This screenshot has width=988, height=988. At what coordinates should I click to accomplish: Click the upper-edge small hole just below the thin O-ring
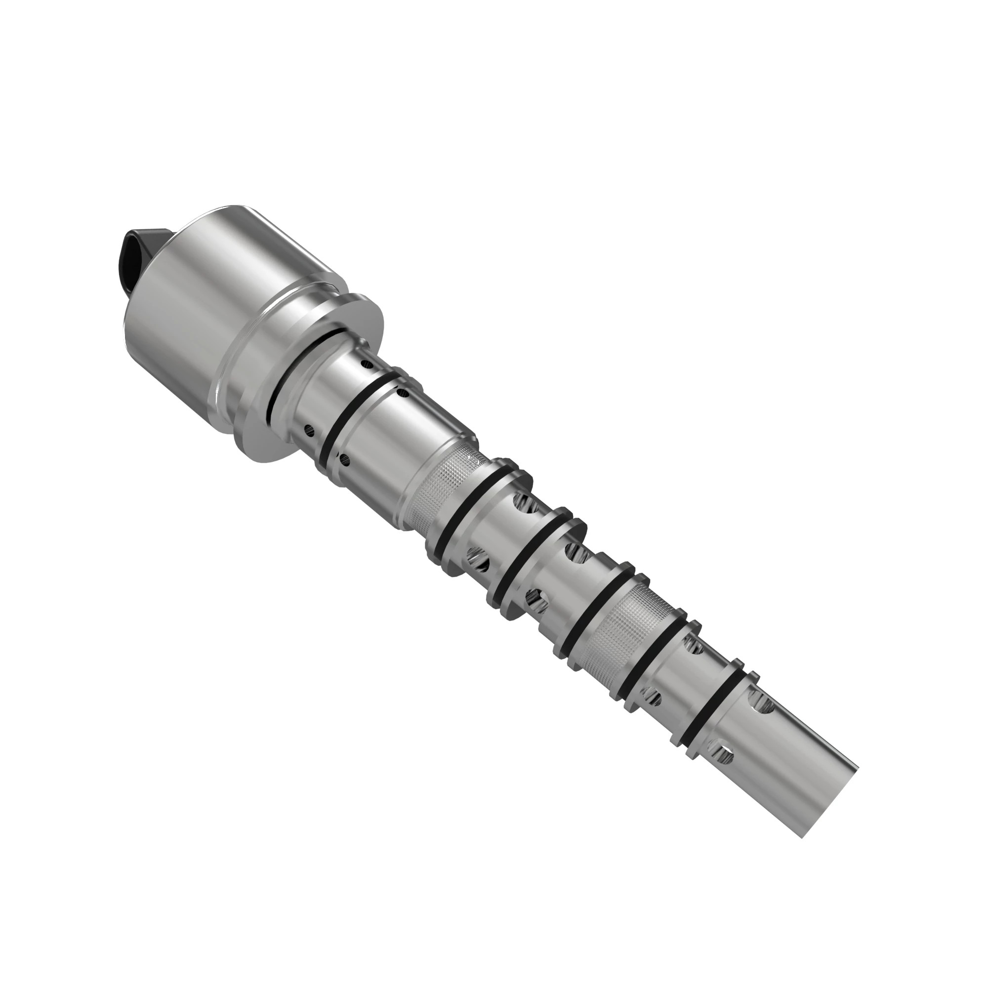click(x=403, y=393)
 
